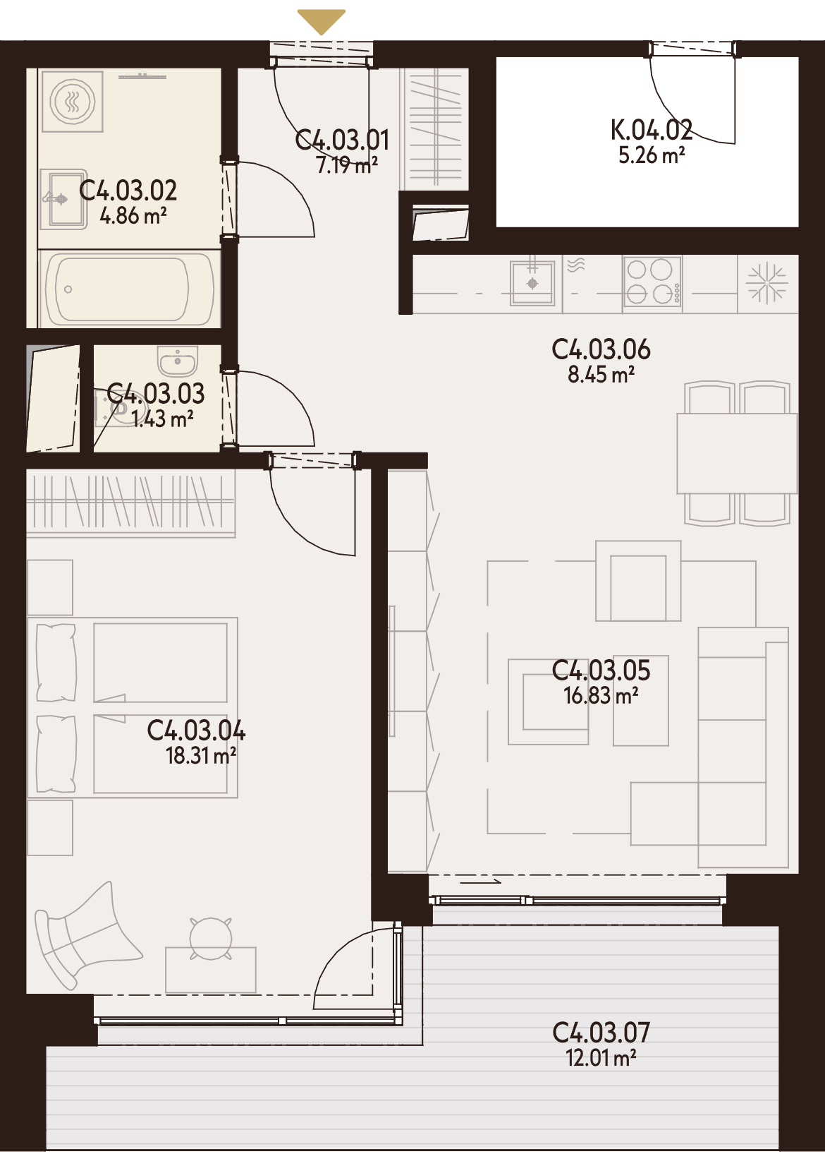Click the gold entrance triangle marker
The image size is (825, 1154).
point(322,21)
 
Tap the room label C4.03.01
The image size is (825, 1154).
point(342,140)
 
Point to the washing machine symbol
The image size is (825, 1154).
point(73,101)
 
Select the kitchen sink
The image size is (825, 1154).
point(532,283)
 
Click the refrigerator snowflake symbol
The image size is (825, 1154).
point(767,283)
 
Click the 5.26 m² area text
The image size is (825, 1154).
point(652,155)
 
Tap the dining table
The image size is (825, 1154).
point(736,453)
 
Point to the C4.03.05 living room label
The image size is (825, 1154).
point(601,671)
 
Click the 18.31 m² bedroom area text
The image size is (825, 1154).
point(201,757)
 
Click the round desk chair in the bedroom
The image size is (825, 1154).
point(209,938)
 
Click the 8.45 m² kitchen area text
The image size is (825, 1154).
point(601,375)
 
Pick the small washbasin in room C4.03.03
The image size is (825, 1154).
point(178,359)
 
